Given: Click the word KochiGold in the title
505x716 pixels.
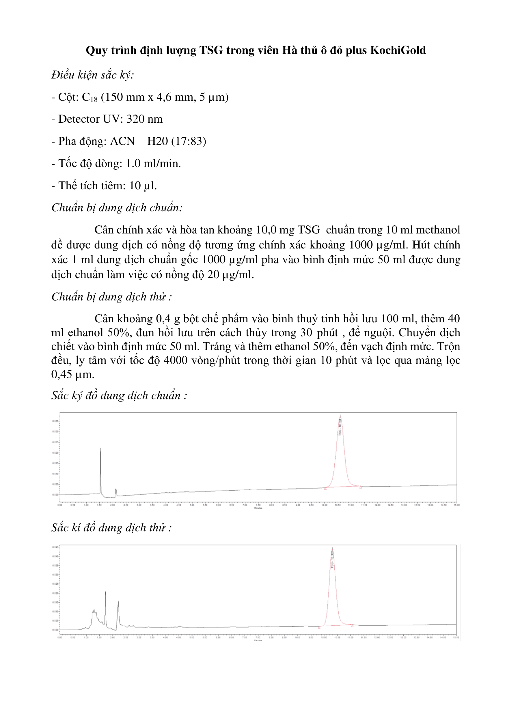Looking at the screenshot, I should pos(398,50).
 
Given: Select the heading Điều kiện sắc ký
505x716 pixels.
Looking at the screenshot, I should pos(92,75).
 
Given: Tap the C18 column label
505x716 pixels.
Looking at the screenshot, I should pos(90,97).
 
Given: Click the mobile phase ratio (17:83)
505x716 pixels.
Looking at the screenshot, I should pos(189,141).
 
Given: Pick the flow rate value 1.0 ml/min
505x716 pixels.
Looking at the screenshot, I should pos(153,163).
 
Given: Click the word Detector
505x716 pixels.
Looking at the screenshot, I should pos(79,119).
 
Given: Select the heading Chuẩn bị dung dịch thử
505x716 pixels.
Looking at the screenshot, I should pos(111,297).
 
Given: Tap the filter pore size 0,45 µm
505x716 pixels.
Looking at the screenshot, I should pos(72,374).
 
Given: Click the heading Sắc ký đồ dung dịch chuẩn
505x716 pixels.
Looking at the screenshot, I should pos(119,395).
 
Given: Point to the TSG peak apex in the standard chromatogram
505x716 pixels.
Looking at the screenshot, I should pos(340,416).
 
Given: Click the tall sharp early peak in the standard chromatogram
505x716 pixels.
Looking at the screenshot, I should pos(100,449).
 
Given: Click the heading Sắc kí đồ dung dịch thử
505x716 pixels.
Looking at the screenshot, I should pos(111,528).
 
